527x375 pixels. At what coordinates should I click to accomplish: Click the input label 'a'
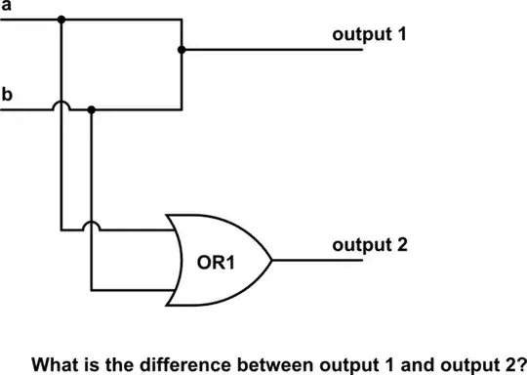[x=6, y=7]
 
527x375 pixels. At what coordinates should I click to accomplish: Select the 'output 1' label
[x=368, y=34]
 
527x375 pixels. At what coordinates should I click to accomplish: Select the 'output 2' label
[x=368, y=244]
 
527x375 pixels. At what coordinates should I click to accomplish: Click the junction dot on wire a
[x=61, y=20]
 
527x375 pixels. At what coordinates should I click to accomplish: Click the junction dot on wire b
[x=91, y=109]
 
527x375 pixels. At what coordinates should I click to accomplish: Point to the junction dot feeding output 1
[x=182, y=49]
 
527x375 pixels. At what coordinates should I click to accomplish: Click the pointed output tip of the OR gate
[x=272, y=261]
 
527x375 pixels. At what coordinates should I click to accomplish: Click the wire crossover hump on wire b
[x=61, y=105]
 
